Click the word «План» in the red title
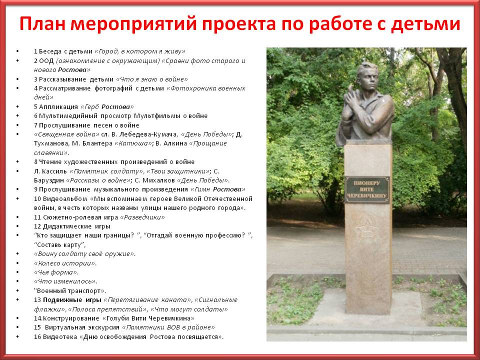coord(42,24)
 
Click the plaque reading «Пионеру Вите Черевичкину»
coord(367,189)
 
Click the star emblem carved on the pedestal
coord(367,230)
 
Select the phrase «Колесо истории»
coord(65,263)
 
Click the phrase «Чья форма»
coord(56,272)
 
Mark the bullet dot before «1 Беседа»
coord(17,51)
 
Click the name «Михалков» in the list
coord(158,180)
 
